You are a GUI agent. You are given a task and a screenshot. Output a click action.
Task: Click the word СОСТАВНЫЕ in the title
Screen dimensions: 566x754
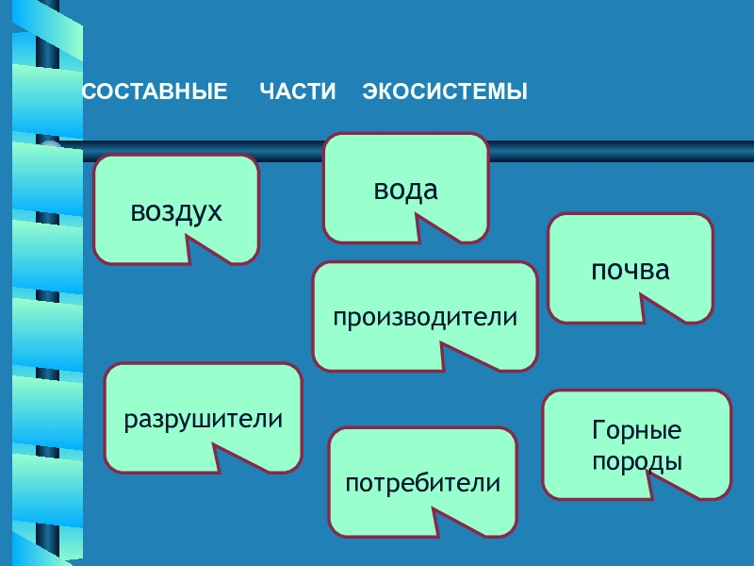(x=155, y=92)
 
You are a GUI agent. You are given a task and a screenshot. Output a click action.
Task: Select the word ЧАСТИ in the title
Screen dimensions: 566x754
(x=297, y=92)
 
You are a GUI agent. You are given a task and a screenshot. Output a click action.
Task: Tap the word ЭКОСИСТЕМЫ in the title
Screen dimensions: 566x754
(x=445, y=92)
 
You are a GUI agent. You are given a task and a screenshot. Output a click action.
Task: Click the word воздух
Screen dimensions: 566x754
(x=176, y=211)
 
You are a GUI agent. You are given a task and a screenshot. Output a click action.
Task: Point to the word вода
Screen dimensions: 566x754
(x=405, y=191)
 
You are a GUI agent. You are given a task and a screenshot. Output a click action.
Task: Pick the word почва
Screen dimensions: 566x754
(x=630, y=271)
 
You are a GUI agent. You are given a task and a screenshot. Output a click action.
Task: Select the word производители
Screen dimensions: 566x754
(x=425, y=317)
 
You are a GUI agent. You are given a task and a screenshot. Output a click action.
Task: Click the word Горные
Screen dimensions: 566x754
(x=636, y=431)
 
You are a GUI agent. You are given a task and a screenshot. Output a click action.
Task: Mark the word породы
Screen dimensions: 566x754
(x=636, y=462)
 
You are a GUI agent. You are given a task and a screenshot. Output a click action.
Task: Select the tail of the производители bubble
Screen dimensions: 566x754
(x=455, y=357)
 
